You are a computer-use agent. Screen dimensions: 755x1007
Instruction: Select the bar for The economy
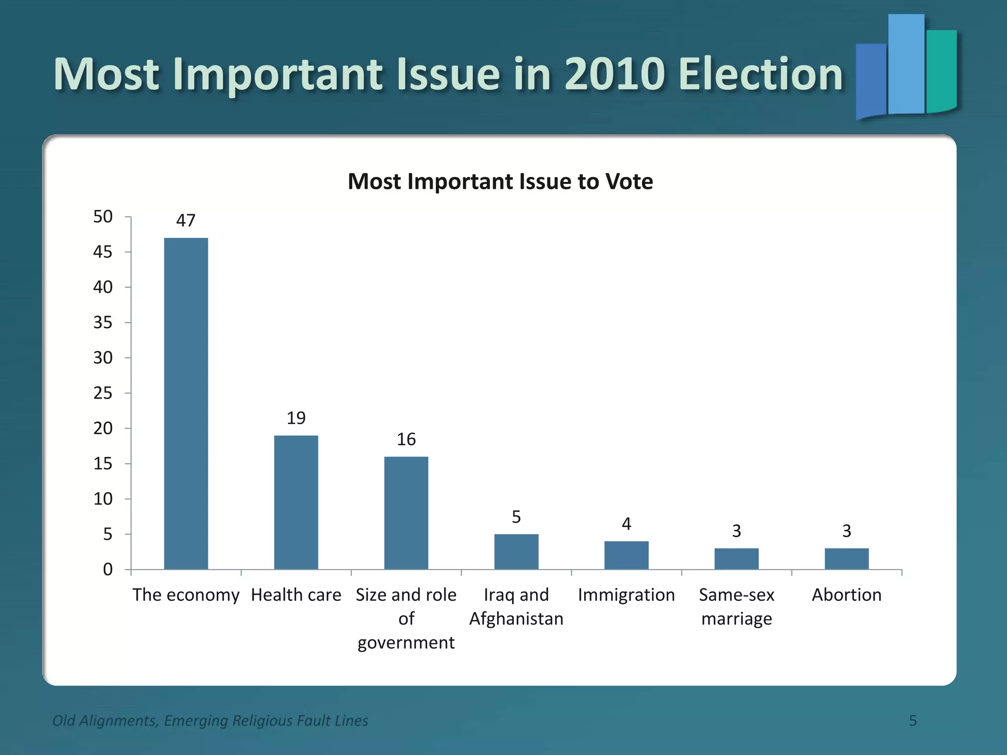pos(186,403)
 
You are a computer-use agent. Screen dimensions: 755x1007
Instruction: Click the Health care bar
pos(296,502)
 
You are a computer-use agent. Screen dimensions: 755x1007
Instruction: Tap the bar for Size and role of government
pos(406,513)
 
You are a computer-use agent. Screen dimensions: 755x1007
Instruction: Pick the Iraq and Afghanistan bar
pos(516,552)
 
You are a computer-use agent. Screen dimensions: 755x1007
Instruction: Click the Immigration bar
pos(626,555)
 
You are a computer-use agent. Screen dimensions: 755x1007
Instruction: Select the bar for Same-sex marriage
pos(737,558)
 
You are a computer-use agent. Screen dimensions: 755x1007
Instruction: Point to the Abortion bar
pos(847,558)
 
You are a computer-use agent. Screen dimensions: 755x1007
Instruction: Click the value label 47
pos(186,220)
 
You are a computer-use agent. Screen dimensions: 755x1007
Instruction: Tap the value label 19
pos(296,418)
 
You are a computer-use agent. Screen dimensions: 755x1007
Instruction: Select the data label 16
pos(406,439)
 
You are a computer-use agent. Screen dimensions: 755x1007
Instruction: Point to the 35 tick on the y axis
pos(103,322)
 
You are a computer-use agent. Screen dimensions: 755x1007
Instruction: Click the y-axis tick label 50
pos(103,216)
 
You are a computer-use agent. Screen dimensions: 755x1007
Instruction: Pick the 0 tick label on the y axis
pos(108,569)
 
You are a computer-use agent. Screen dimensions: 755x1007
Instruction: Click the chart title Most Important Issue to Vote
pos(500,181)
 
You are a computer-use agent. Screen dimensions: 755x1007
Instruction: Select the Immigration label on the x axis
pos(626,595)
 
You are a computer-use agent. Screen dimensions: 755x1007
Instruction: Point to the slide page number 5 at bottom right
pos(913,721)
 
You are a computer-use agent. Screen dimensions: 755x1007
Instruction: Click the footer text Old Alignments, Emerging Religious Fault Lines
pos(210,721)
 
